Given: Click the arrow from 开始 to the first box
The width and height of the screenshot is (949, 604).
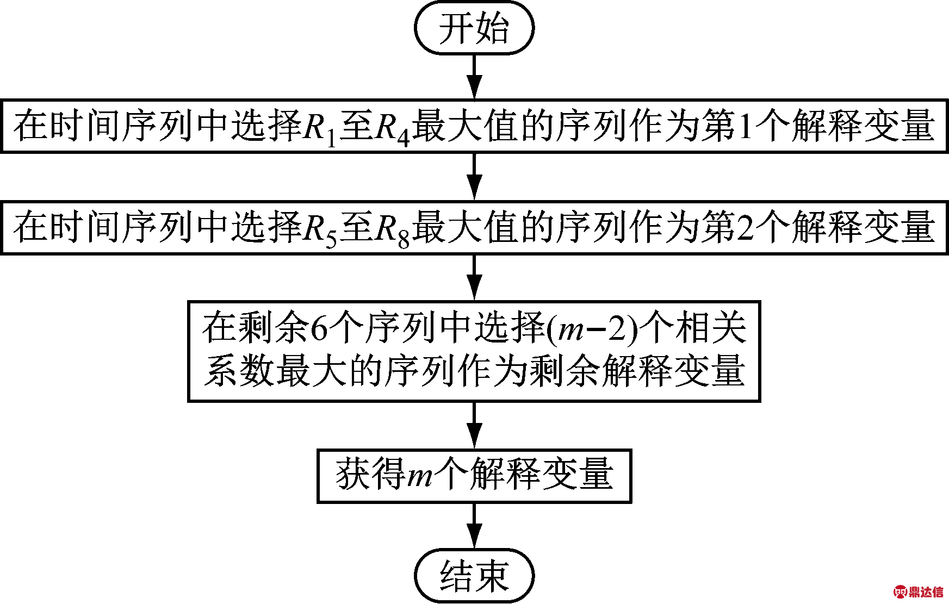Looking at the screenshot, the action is tap(475, 77).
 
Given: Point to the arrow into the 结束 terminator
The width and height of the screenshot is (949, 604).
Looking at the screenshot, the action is tap(475, 526).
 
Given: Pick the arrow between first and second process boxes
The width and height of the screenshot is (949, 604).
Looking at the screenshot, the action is tap(475, 177).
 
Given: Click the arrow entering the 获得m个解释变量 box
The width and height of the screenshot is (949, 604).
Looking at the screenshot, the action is tap(475, 426).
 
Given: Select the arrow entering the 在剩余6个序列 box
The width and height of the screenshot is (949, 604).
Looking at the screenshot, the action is tap(475, 278).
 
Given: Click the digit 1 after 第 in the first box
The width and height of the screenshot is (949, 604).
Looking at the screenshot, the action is tap(746, 126).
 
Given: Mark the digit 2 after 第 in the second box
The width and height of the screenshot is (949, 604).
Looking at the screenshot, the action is tap(746, 227).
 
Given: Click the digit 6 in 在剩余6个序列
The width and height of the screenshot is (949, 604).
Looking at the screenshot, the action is tap(320, 328).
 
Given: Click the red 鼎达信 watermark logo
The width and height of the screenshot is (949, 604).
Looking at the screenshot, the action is tap(919, 591).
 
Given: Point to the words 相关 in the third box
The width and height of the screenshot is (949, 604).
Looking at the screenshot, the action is tap(711, 328).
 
